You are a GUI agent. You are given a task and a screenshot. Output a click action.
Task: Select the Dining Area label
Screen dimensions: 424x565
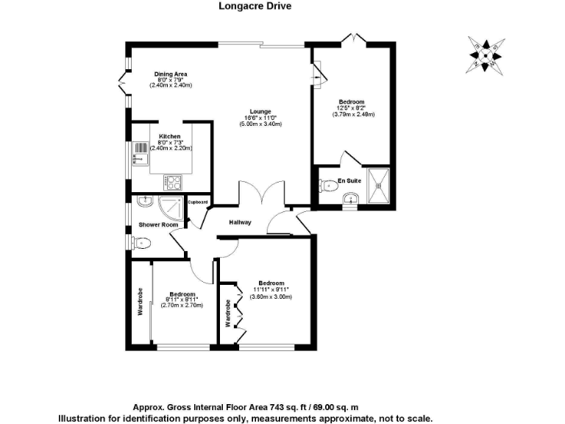171,74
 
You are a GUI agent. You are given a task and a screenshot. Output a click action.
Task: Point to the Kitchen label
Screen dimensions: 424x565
170,136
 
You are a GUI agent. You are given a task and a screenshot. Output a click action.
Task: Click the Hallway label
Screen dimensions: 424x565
240,222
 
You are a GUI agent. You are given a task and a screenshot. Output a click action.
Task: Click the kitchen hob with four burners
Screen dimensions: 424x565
173,180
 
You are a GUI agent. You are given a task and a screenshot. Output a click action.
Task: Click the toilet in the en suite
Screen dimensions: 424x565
328,187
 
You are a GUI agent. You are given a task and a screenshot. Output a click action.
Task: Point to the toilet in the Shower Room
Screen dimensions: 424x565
142,242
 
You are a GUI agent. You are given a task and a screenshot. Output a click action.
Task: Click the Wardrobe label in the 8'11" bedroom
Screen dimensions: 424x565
140,300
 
